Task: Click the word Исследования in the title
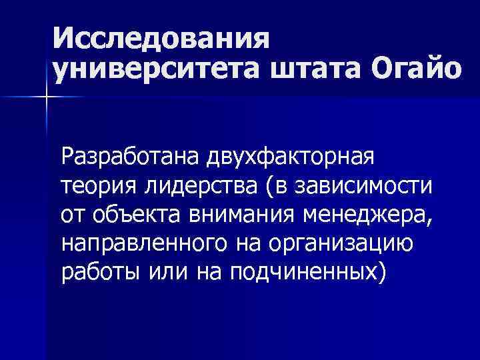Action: (163, 39)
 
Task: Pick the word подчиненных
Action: (302, 272)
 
